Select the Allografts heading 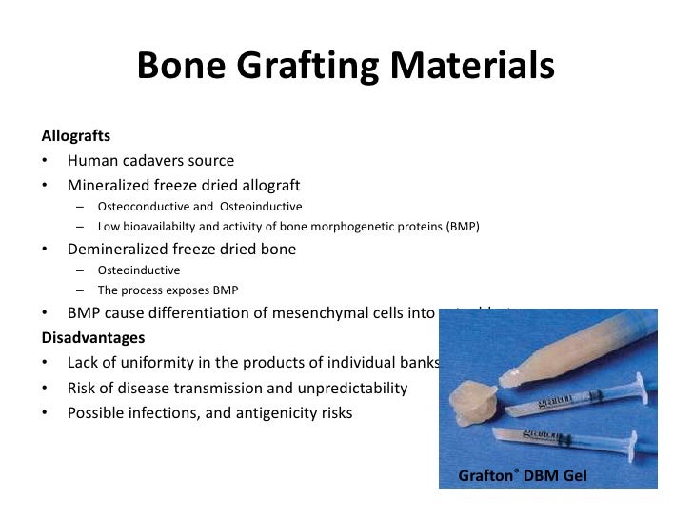(x=75, y=137)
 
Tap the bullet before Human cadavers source (x=46, y=160)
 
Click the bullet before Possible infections (x=46, y=413)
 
